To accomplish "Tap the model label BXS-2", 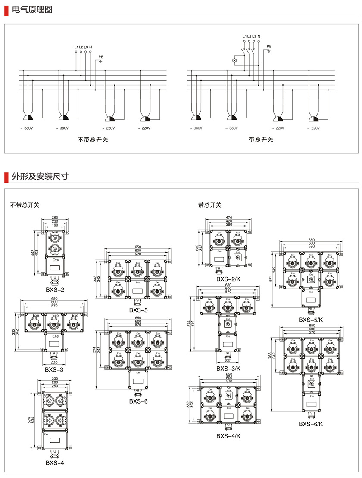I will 55,289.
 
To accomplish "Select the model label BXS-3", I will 54,369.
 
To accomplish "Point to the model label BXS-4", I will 55,463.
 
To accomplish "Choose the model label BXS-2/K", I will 228,279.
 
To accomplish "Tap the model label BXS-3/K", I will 228,368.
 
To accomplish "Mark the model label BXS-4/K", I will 228,436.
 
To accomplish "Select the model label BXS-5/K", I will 311,320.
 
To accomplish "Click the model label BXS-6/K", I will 311,424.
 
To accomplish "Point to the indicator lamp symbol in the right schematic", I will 235,61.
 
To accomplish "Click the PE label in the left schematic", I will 101,56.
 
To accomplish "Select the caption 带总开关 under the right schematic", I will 261,139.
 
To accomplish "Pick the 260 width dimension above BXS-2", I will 55,217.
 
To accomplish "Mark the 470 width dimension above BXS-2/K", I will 229,217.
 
